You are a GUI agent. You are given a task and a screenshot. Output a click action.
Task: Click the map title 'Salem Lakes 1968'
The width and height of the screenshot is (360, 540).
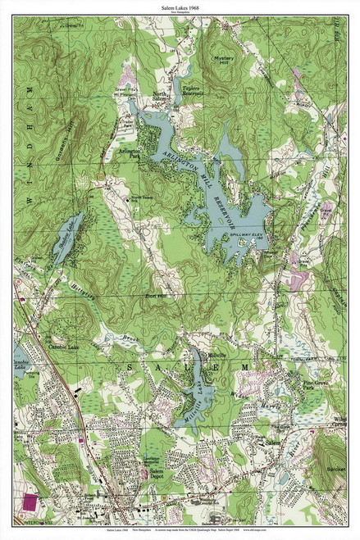pyautogui.click(x=180, y=7)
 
